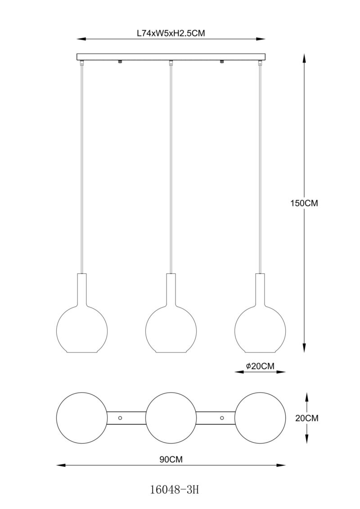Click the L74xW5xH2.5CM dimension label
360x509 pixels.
[171, 33]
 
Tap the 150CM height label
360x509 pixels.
[304, 203]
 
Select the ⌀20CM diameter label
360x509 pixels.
[260, 366]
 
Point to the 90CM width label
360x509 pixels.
[171, 460]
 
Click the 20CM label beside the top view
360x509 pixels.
[307, 418]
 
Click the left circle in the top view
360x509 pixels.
[82, 418]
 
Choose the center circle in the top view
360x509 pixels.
[171, 418]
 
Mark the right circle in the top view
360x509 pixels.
[260, 418]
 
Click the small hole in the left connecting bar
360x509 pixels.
[120, 417]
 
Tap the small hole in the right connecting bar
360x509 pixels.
[222, 417]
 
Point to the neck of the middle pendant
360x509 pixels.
[171, 288]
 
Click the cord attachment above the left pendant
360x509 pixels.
[82, 64]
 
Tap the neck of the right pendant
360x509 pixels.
[260, 288]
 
